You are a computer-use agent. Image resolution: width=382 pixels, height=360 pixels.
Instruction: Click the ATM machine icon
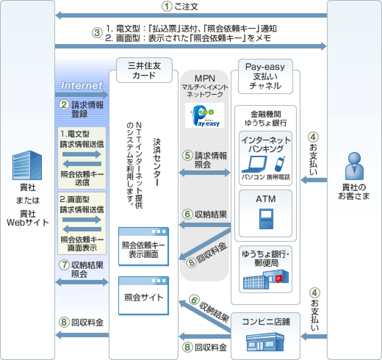tap(265, 219)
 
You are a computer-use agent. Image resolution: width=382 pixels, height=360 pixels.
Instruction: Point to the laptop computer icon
tap(254, 164)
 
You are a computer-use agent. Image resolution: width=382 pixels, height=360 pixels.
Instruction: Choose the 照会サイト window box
tap(144, 296)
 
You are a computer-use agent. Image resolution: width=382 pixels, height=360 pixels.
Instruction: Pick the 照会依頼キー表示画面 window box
tap(144, 246)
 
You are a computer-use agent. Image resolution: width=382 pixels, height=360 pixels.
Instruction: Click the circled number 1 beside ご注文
tap(167, 7)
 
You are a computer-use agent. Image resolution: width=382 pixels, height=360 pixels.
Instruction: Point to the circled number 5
tap(188, 155)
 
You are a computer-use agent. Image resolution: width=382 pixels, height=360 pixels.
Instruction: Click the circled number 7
tap(64, 264)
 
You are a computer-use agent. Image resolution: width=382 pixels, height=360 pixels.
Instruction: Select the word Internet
tap(82, 86)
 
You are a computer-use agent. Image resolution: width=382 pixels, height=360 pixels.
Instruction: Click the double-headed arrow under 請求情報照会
tap(204, 173)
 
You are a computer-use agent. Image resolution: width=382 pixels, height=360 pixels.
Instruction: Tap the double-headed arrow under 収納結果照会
tap(82, 282)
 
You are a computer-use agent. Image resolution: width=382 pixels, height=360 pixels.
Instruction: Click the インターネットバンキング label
tap(266, 144)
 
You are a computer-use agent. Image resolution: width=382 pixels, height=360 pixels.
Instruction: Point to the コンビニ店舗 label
tap(266, 322)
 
